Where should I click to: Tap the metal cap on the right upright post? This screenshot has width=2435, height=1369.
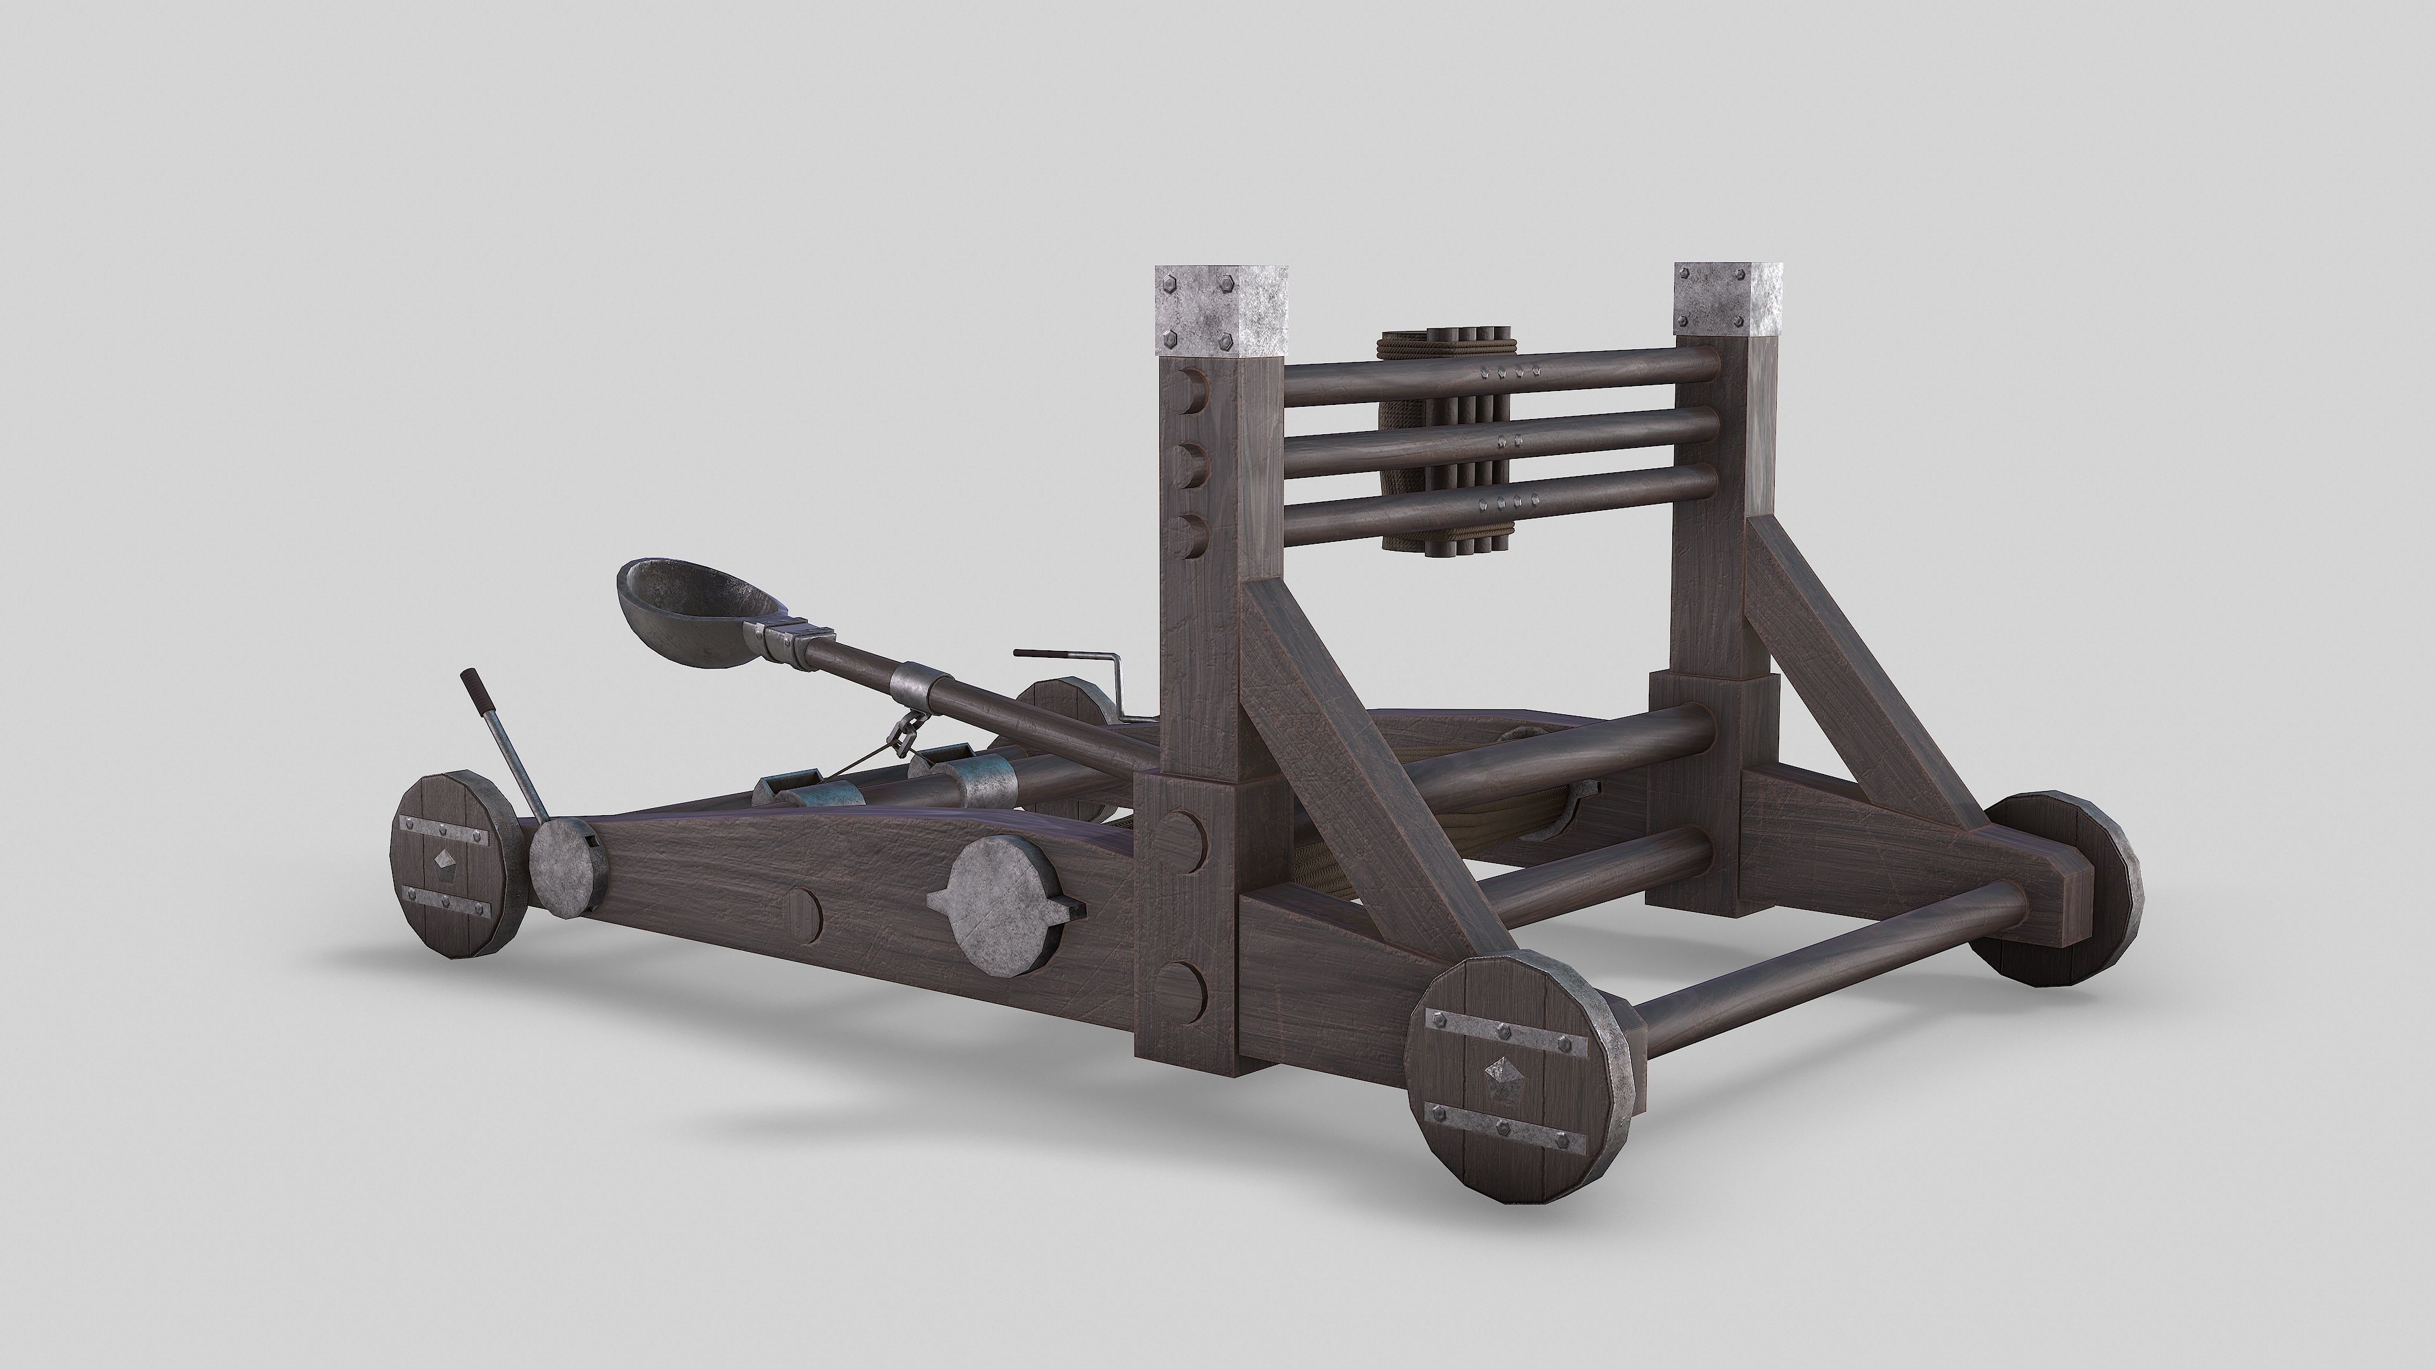1728,299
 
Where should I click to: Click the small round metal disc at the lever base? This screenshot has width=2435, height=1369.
564,867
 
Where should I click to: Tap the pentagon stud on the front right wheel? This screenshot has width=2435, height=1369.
1501,1072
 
